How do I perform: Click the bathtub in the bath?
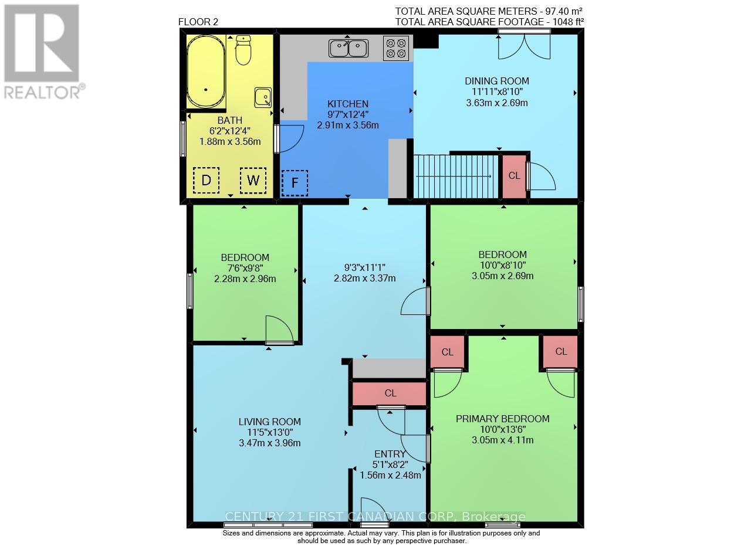coord(206,72)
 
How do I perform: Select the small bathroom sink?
coord(263,97)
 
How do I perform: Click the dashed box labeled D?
coord(206,181)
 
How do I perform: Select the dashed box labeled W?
coord(253,181)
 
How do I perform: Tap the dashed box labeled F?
coord(295,184)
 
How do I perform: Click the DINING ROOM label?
coord(496,81)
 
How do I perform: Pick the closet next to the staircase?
coord(513,176)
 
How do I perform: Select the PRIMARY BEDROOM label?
coord(503,419)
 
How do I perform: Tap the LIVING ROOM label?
coord(269,422)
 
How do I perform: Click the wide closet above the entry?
coord(390,393)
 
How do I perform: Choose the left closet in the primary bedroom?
coord(448,352)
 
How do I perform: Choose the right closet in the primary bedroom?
coord(561,352)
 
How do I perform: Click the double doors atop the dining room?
coord(524,46)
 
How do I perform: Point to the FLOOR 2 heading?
coord(198,22)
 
